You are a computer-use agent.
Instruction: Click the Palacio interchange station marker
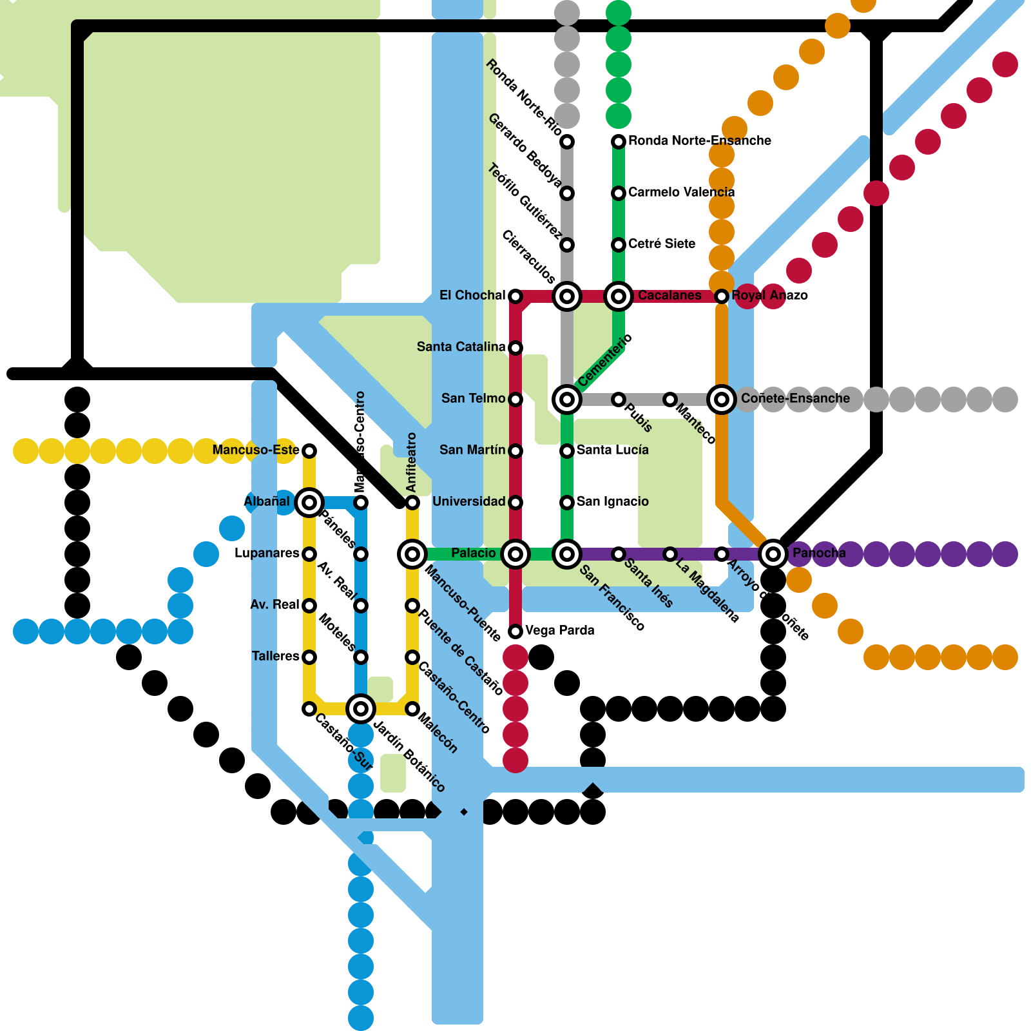tap(515, 554)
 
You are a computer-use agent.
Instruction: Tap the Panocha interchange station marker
tap(773, 554)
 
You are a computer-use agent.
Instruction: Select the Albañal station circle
tap(309, 502)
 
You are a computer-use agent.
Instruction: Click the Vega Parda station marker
tap(515, 631)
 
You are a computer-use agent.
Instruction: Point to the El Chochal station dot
tap(515, 296)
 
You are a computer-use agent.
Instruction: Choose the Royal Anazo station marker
tap(722, 296)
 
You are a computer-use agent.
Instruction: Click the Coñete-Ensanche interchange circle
tap(722, 399)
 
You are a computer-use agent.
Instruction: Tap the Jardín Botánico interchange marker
tap(361, 708)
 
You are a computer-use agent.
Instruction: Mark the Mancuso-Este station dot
tap(309, 450)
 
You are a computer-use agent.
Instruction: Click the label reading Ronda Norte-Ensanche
tap(699, 140)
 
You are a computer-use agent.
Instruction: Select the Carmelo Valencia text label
tap(681, 192)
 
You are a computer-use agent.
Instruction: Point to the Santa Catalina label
tap(461, 347)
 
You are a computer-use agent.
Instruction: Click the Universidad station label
tap(468, 501)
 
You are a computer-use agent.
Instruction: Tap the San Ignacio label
tap(612, 501)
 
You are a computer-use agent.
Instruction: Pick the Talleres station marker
tap(309, 657)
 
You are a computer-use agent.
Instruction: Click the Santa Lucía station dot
tap(567, 450)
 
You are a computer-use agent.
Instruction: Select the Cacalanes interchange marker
tap(619, 296)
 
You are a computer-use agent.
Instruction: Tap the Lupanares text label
tap(267, 553)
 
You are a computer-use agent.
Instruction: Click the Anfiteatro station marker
tap(412, 502)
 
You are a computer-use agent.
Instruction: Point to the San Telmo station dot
tap(515, 399)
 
